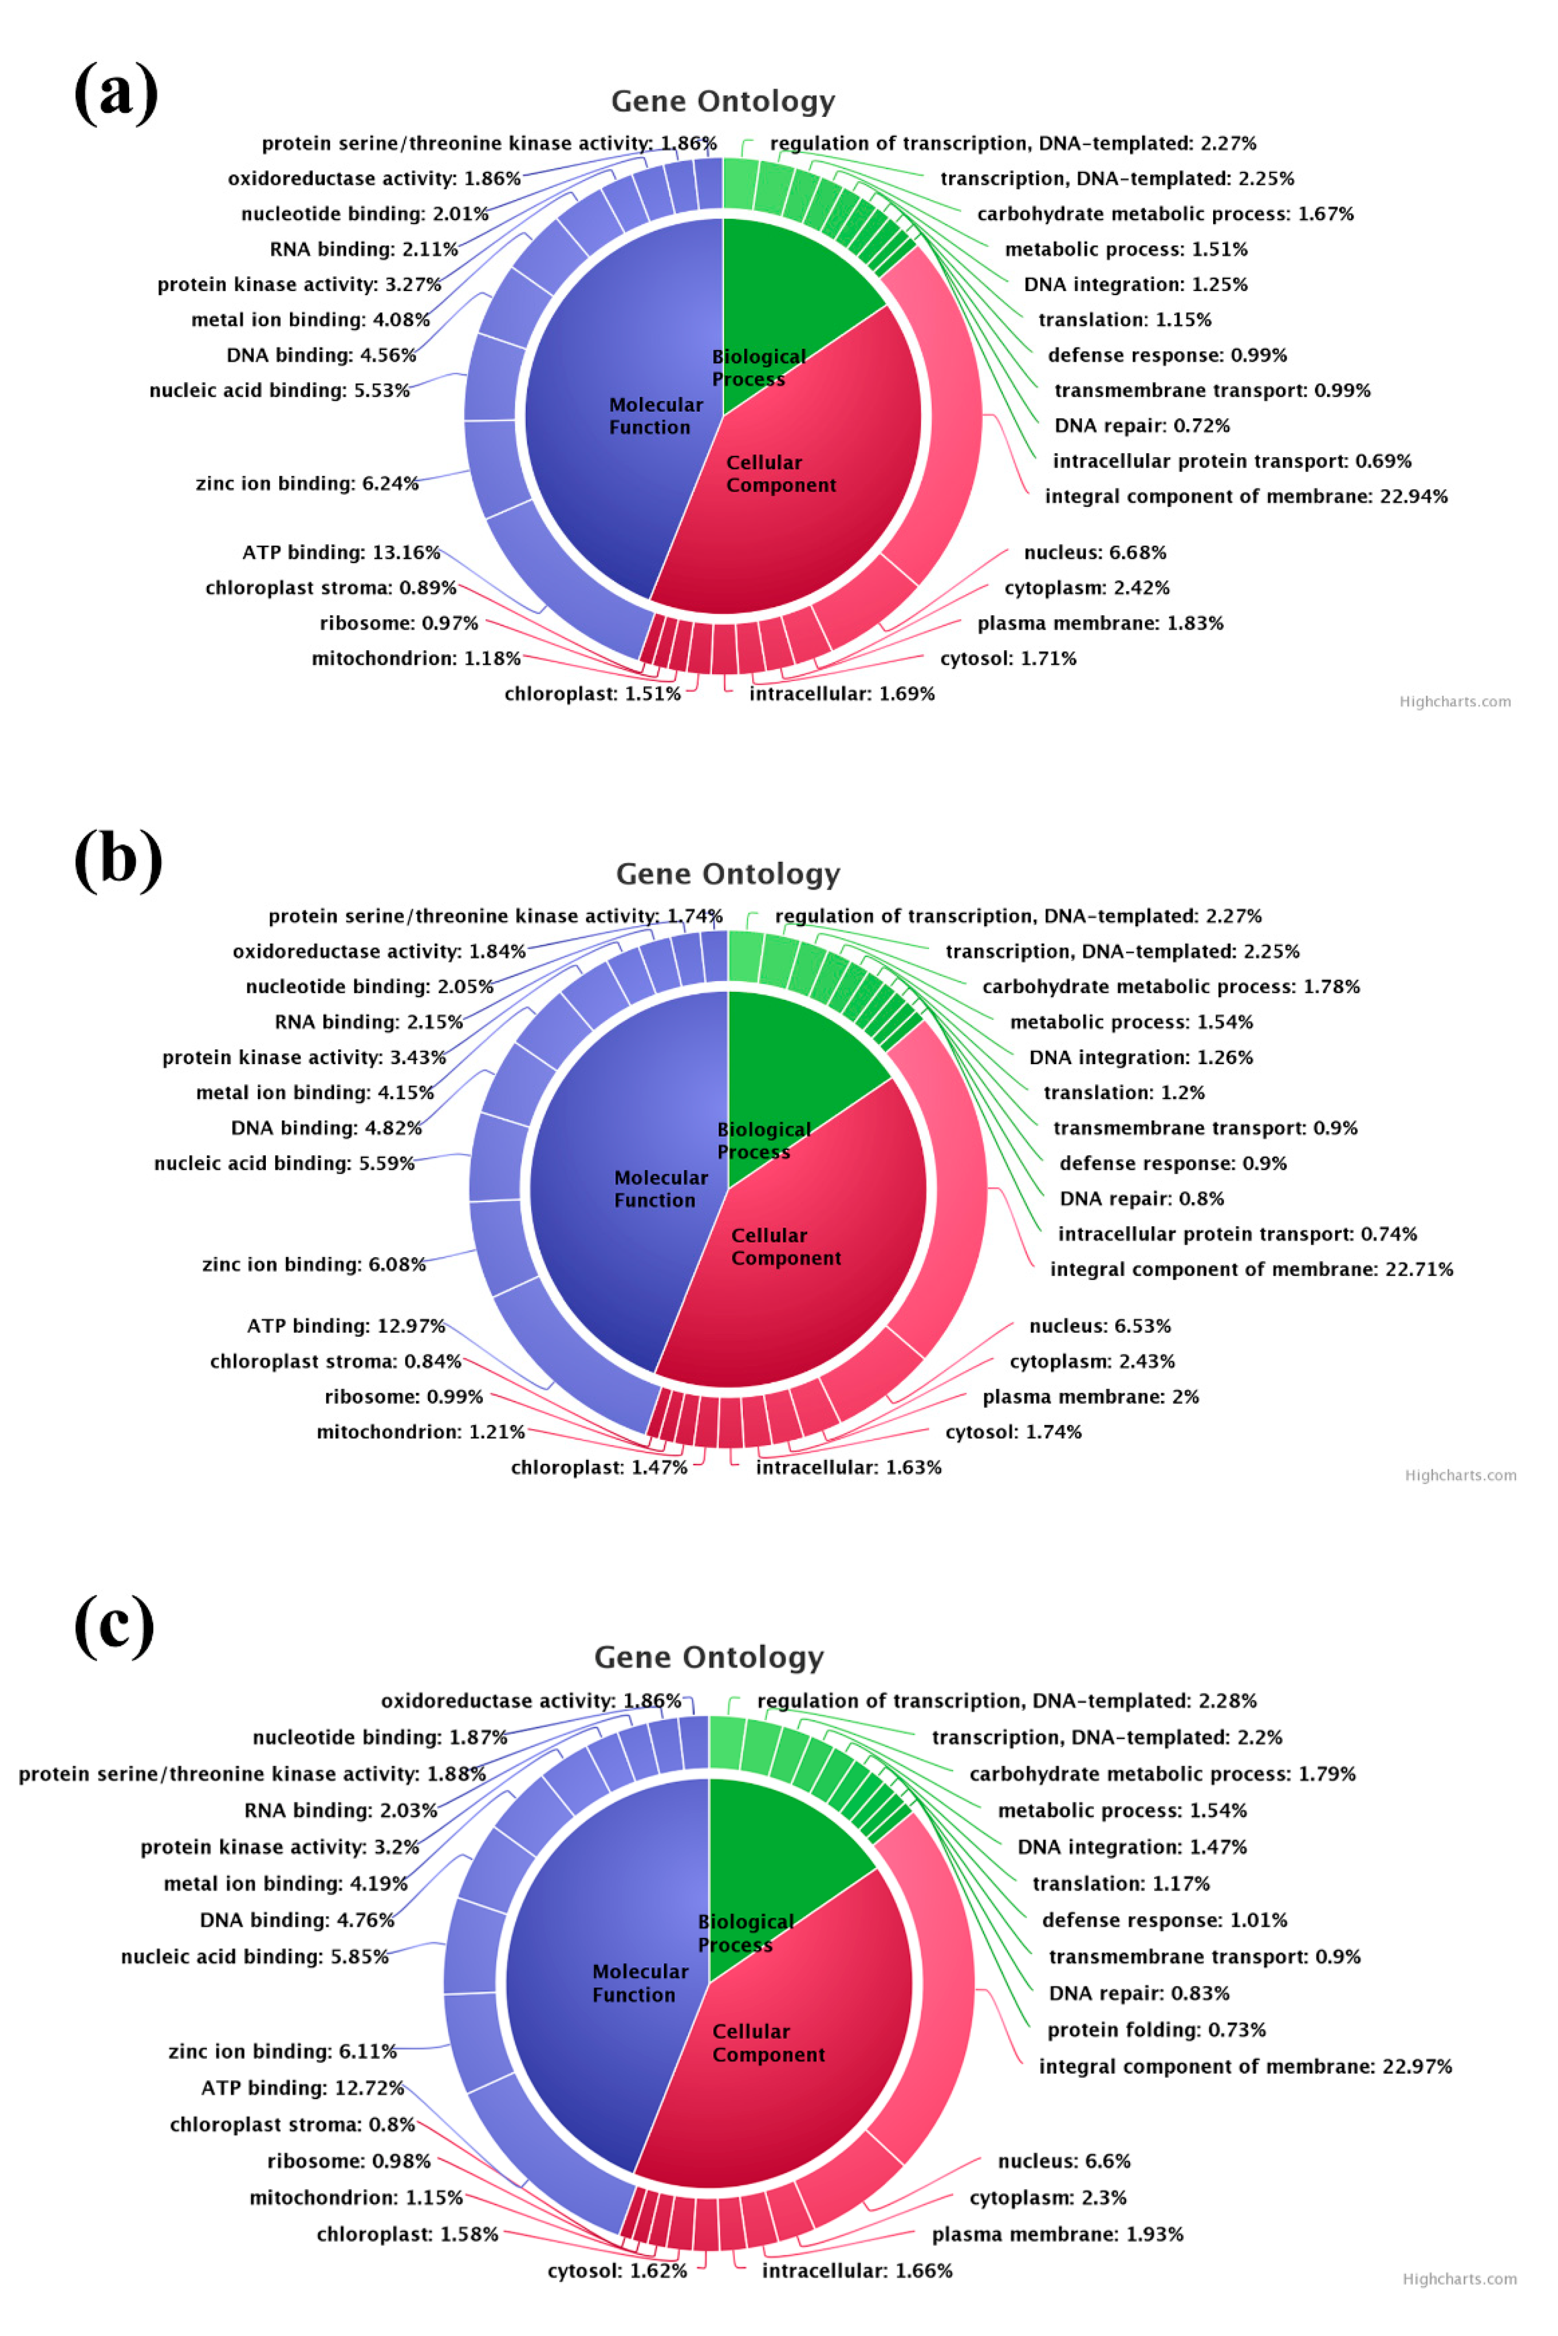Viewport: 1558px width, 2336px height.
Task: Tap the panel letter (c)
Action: click(114, 1625)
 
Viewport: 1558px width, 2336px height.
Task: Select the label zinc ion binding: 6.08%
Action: click(313, 1264)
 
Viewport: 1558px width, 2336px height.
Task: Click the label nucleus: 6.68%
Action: click(1095, 552)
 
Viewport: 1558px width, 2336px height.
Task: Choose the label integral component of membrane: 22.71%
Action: click(1251, 1269)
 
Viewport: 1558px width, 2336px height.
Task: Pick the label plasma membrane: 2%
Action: click(1090, 1397)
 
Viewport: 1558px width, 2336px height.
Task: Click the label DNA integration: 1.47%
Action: click(1132, 1846)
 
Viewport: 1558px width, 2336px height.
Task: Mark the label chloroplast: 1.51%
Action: click(592, 693)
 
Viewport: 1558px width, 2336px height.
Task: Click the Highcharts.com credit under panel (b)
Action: click(1460, 1475)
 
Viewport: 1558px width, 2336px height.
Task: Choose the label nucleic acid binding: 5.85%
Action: click(255, 1956)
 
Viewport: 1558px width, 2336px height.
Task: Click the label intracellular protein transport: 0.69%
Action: click(1231, 461)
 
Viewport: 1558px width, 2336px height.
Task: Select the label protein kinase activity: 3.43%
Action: click(304, 1057)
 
